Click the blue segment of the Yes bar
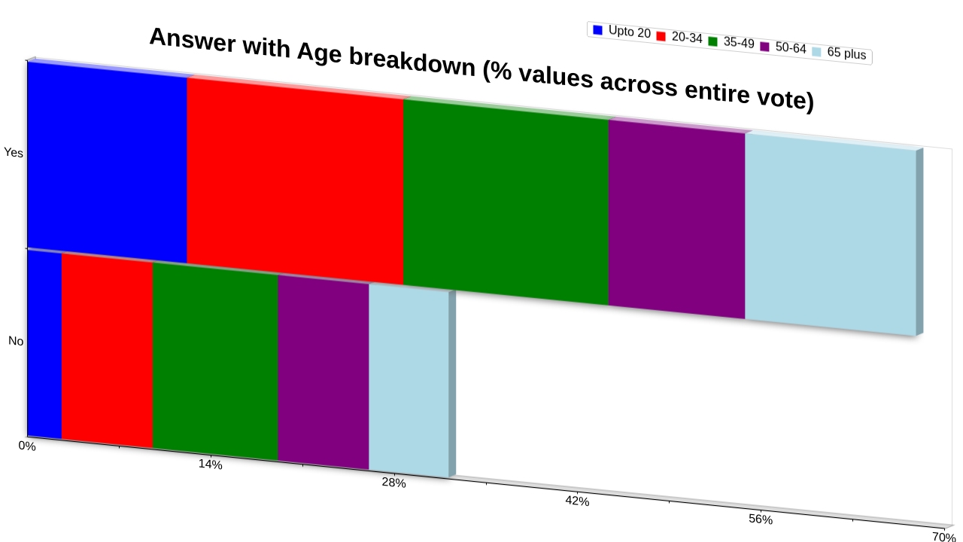(x=107, y=162)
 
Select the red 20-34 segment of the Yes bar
(x=295, y=181)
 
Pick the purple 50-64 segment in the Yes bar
(x=676, y=219)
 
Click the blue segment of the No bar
(x=44, y=345)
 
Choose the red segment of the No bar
(x=107, y=351)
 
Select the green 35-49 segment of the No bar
(x=215, y=361)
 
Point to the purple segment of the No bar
(x=324, y=372)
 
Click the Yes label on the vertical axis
(x=14, y=153)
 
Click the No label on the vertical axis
(x=16, y=341)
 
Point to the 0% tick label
(x=27, y=446)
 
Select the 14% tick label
(x=210, y=464)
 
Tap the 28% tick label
(x=393, y=483)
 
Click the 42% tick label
(x=577, y=501)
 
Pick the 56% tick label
(x=761, y=519)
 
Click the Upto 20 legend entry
(x=621, y=32)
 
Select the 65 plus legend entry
(x=839, y=53)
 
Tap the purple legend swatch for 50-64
(x=765, y=47)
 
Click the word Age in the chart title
(x=319, y=53)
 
